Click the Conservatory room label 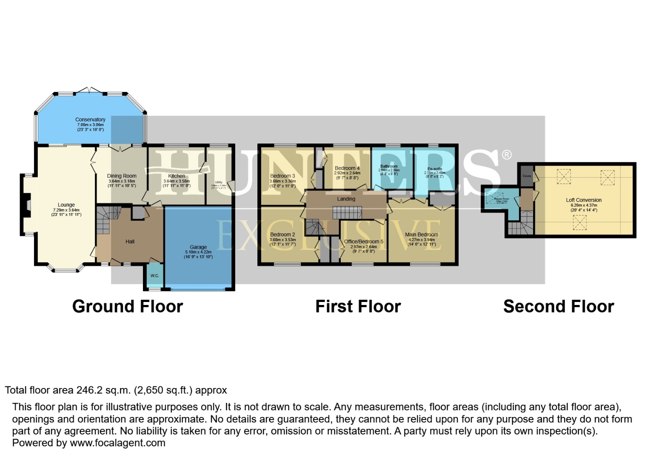(x=90, y=120)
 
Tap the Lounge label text (x=66, y=205)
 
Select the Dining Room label (x=122, y=176)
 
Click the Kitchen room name (x=177, y=176)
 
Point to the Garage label (x=198, y=247)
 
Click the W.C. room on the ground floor (x=154, y=276)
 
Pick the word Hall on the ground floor (x=130, y=241)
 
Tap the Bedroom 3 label (x=282, y=176)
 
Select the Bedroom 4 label (x=347, y=168)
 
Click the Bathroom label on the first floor (x=389, y=167)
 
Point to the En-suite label (x=435, y=169)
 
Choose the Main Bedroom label (x=422, y=235)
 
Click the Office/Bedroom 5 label (x=364, y=241)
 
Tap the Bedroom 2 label (x=282, y=235)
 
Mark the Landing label (x=346, y=199)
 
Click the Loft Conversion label (x=584, y=200)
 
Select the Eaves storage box (x=527, y=176)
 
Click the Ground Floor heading (x=128, y=307)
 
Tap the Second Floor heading (x=559, y=307)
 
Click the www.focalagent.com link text (x=117, y=443)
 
